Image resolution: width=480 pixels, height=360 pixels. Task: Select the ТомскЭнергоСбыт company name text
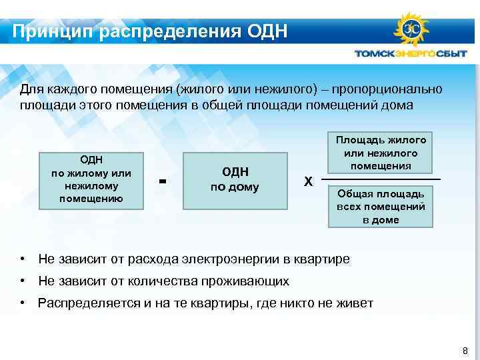pyautogui.click(x=411, y=55)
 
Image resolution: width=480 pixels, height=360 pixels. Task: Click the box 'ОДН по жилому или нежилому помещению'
pyautogui.click(x=91, y=179)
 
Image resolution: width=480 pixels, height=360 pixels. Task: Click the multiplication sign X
pyautogui.click(x=307, y=181)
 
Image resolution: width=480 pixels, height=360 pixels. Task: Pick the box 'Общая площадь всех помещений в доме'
pyautogui.click(x=381, y=207)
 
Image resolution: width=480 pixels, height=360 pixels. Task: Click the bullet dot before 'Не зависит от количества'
pyautogui.click(x=23, y=281)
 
